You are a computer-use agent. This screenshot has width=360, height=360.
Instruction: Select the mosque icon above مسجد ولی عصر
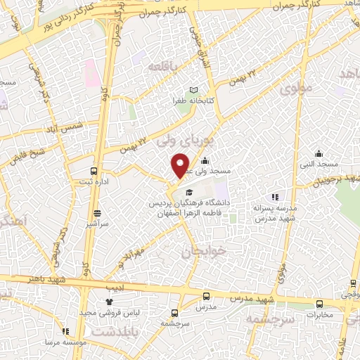(205, 160)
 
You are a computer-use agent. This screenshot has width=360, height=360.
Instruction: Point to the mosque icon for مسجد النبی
(319, 154)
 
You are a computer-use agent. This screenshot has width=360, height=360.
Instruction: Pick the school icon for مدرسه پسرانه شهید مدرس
(275, 197)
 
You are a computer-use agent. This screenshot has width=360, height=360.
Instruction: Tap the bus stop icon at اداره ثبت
(94, 170)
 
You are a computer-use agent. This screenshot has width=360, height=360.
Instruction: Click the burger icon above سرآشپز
(96, 212)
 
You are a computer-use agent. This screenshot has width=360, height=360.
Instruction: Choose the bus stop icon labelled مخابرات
(320, 304)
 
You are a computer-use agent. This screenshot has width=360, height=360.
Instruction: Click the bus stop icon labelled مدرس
(206, 296)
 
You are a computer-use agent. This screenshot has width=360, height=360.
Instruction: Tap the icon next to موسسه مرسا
(66, 331)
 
